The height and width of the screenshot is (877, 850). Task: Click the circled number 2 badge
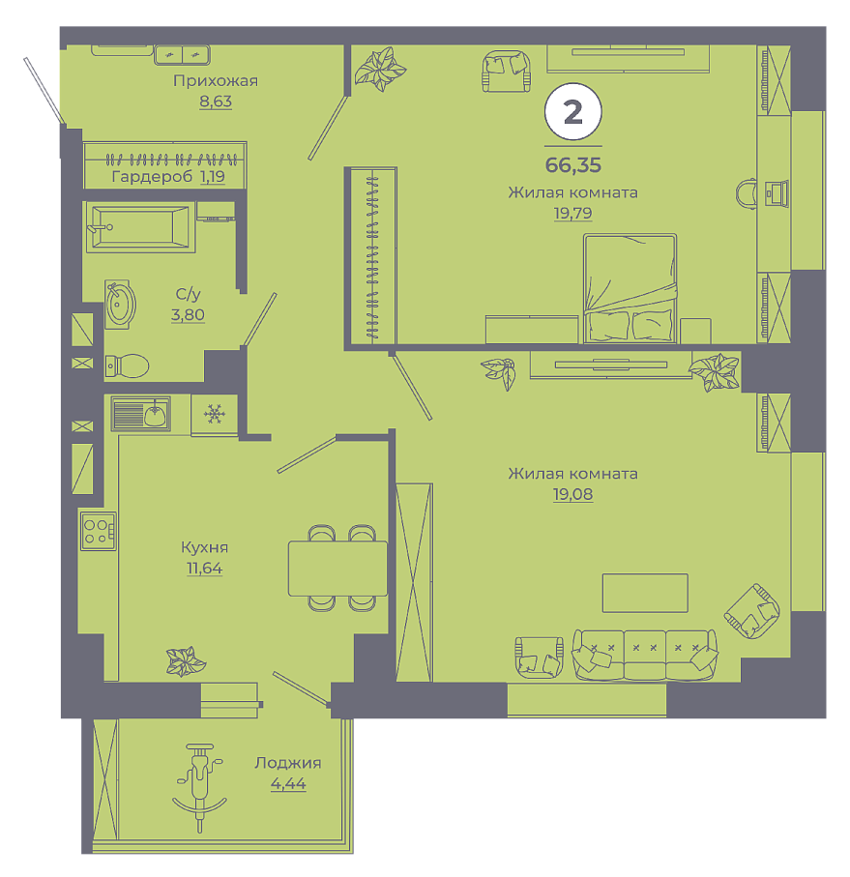573,111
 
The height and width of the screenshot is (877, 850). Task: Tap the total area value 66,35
573,165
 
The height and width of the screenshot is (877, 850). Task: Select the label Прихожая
216,81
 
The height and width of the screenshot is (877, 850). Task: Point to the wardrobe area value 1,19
213,177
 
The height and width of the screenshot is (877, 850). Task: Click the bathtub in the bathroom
140,226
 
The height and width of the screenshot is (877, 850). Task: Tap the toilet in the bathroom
127,366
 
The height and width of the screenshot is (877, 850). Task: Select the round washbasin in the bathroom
120,305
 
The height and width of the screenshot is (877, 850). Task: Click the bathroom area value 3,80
188,315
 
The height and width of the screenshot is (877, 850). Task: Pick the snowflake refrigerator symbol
214,415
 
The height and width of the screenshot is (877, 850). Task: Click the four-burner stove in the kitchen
98,532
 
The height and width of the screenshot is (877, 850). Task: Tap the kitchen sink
140,414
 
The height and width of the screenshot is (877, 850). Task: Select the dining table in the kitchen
337,569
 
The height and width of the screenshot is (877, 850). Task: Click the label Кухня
205,547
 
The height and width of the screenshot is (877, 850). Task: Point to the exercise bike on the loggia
199,787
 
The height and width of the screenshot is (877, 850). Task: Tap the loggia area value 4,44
288,784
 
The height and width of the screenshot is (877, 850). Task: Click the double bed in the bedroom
630,288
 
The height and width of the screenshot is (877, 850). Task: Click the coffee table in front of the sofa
645,593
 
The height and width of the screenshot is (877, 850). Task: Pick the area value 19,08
573,494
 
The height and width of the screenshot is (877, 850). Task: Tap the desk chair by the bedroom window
747,193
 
